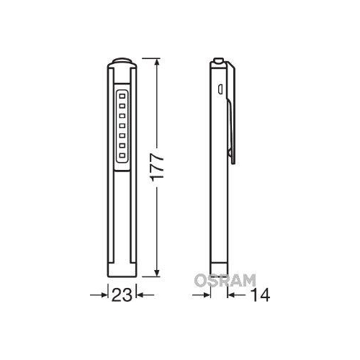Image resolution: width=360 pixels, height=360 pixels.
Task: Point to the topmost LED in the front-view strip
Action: point(122,94)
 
